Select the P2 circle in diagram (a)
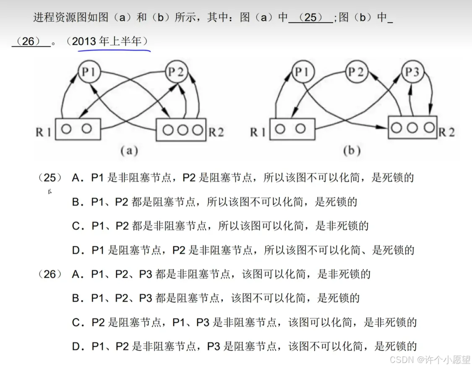176,72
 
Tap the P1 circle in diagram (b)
301,72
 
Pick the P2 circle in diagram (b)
356,72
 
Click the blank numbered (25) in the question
310,18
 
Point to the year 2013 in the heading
84,42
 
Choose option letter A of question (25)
76,178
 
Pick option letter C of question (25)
76,226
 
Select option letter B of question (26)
76,299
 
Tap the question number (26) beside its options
50,275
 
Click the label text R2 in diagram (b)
447,132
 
